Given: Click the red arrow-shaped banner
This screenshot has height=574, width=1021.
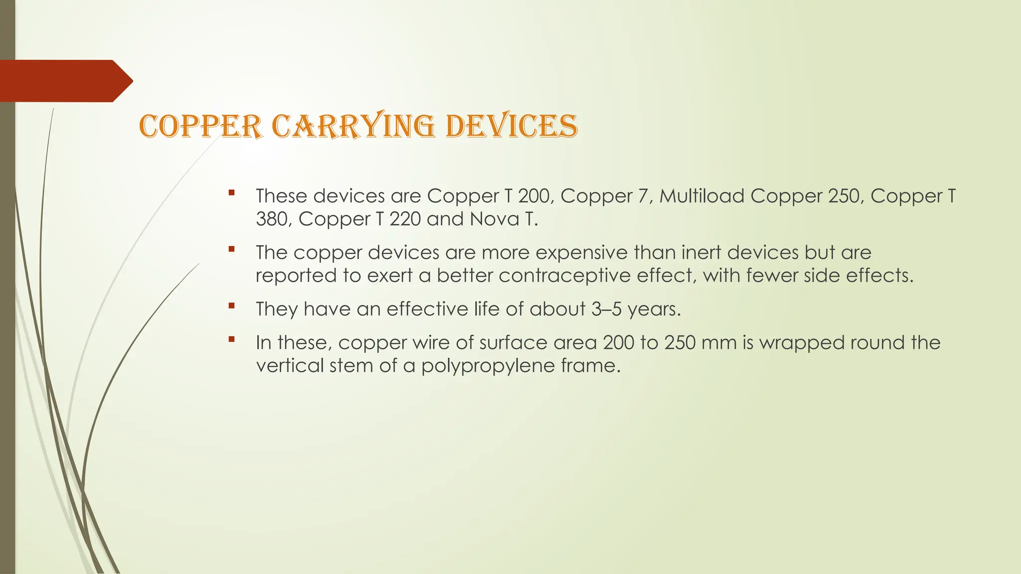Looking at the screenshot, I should click(x=65, y=81).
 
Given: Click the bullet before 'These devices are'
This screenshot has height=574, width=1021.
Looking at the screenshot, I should click(x=231, y=192).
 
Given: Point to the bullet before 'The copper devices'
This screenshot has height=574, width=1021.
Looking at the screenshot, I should click(x=231, y=249).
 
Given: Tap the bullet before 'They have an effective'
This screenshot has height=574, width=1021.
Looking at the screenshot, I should click(x=231, y=306).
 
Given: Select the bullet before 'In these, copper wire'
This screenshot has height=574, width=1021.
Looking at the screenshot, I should click(x=231, y=339).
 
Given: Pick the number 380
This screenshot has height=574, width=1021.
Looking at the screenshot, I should click(x=274, y=219).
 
